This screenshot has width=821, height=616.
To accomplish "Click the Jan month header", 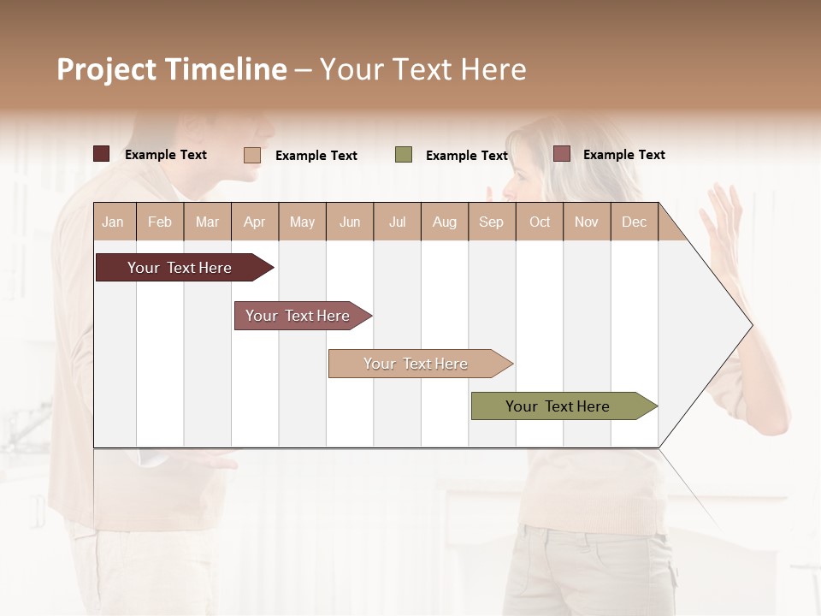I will click(x=113, y=222).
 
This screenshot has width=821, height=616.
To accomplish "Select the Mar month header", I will click(x=207, y=222).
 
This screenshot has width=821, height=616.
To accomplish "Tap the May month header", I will click(x=302, y=222).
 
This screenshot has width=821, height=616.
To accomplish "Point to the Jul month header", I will click(x=397, y=222).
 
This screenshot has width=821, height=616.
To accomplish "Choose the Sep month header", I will click(x=491, y=222).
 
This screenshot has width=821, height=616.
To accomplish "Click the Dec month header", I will click(x=634, y=222).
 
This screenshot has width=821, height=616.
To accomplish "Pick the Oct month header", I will click(x=540, y=222).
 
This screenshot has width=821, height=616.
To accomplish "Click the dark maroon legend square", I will click(x=101, y=154).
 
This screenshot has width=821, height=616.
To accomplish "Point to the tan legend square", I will click(x=251, y=155).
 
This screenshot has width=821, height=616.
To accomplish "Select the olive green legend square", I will click(x=404, y=155).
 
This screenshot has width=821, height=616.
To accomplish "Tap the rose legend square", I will click(x=561, y=154).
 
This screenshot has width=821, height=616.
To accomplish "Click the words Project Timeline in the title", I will click(x=172, y=69).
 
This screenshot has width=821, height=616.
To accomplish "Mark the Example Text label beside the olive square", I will click(x=467, y=156).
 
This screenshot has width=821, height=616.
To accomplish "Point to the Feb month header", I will click(x=160, y=222).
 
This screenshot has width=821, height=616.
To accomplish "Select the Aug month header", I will click(x=444, y=222).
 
